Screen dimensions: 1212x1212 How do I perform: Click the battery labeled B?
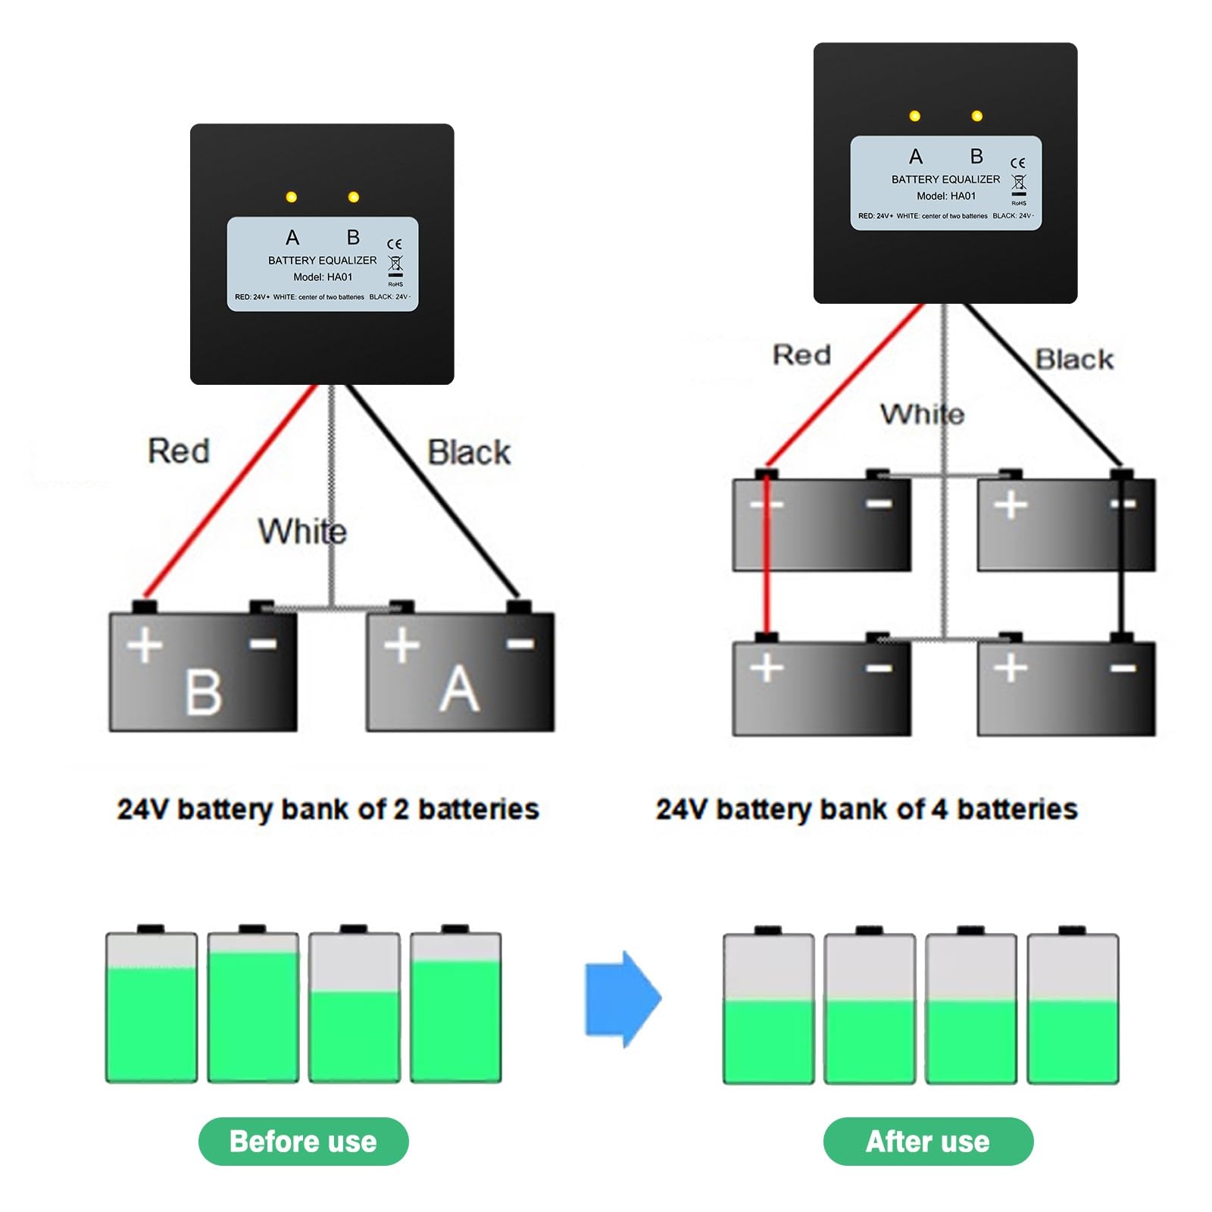pos(203,671)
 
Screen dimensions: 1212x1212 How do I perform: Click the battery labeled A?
pos(460,671)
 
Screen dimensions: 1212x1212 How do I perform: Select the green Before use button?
pos(303,1141)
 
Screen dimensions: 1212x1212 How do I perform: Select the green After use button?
pos(927,1141)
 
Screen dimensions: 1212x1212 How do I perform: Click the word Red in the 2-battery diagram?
pos(179,451)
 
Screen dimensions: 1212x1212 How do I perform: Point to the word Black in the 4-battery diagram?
pos(1074,359)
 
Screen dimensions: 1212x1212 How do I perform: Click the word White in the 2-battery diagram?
pos(301,531)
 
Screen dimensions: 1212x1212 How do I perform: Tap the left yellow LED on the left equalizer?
pos(291,197)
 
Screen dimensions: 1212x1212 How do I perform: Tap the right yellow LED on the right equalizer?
pos(976,116)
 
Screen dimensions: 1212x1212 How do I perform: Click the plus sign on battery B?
pos(144,645)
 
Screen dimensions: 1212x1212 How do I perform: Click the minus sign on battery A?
pos(520,644)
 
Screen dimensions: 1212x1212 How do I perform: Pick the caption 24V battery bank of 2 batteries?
pos(328,809)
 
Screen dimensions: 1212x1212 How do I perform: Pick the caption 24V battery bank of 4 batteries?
pos(867,809)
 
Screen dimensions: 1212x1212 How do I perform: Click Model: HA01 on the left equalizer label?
pos(323,277)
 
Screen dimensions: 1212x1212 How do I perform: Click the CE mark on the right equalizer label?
pos(1017,163)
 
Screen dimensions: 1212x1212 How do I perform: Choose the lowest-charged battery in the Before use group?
pos(354,1007)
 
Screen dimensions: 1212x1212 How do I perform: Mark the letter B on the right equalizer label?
pos(976,156)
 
